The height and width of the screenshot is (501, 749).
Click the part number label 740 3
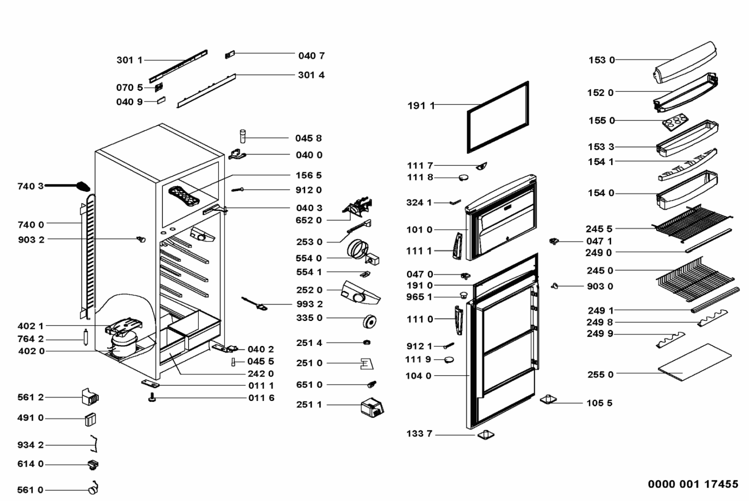30,186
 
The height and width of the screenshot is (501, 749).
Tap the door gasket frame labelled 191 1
498,117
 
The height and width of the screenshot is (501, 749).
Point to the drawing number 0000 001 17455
693,484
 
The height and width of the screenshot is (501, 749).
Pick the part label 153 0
601,60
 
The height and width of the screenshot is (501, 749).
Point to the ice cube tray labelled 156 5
184,195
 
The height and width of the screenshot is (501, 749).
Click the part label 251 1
309,404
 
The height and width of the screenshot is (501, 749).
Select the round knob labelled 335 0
370,321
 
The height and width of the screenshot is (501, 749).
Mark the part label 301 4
311,75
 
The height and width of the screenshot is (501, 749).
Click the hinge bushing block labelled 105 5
548,399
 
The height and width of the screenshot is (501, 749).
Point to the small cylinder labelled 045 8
243,135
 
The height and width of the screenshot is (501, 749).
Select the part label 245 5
599,229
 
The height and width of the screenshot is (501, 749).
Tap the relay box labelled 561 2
90,397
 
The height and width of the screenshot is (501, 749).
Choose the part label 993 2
309,304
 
